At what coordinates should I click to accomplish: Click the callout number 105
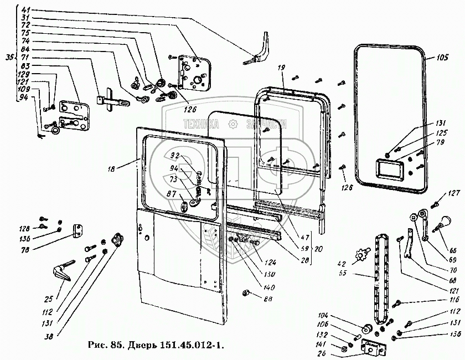point(442,58)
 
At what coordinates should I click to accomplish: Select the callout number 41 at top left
point(25,10)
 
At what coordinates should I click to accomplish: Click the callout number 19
point(281,68)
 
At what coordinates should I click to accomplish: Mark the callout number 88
point(253,300)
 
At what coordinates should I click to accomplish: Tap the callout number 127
point(454,193)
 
